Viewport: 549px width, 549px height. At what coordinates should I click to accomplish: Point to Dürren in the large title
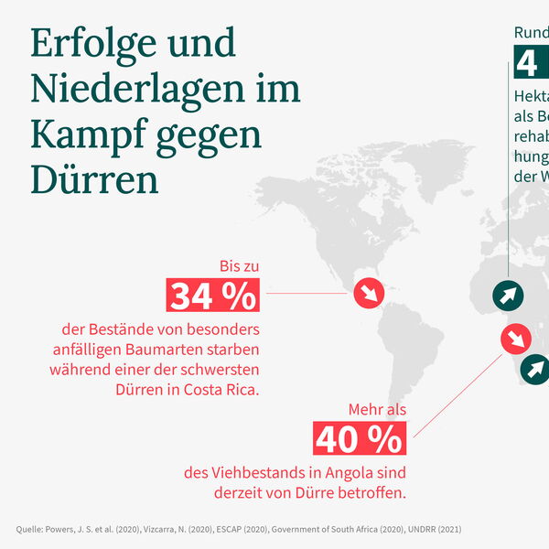point(94,179)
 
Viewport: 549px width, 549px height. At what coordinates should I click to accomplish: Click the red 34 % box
point(212,296)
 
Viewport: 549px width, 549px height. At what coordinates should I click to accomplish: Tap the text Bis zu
point(239,266)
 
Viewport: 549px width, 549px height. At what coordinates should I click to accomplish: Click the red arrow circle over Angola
point(516,339)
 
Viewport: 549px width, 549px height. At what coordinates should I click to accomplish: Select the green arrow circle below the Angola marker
point(533,369)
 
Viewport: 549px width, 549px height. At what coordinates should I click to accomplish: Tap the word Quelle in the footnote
point(32,529)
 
